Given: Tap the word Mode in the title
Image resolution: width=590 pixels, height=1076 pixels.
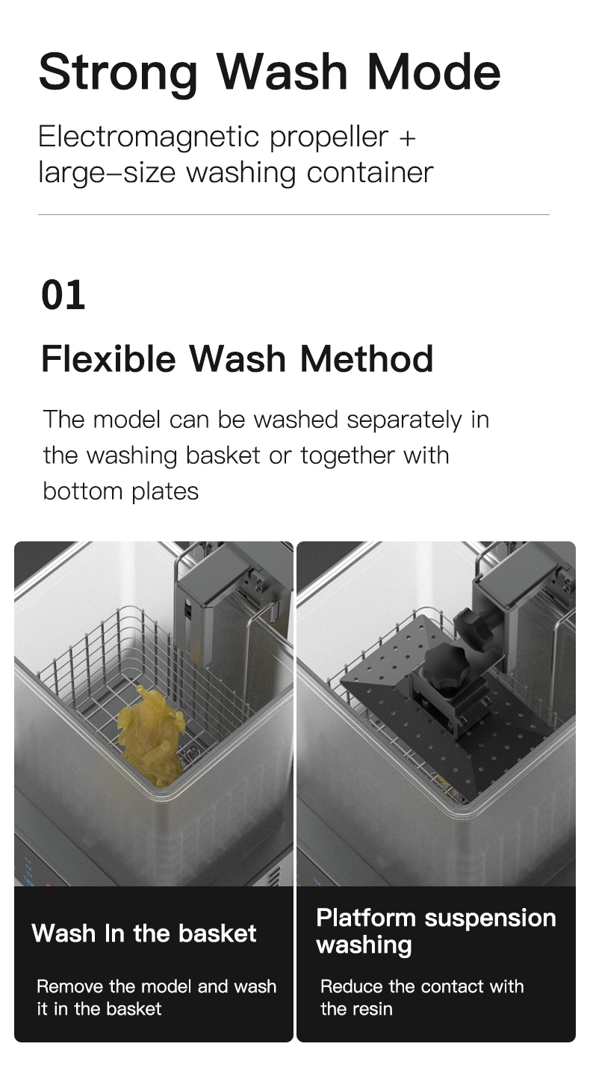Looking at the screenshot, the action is tap(433, 72).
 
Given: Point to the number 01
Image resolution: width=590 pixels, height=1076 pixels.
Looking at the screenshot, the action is tap(63, 295).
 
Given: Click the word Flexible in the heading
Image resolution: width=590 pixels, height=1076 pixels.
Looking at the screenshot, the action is tap(108, 359).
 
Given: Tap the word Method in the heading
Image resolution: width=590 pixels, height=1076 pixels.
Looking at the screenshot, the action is tap(366, 359).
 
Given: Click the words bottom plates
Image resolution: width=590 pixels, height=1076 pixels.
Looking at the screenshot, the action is tap(120, 491).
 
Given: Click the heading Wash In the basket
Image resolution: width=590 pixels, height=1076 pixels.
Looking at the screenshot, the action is tap(144, 933).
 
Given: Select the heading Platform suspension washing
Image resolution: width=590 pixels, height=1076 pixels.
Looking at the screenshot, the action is tap(436, 931).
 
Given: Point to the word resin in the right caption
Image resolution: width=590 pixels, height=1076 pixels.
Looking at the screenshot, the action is tap(373, 1009).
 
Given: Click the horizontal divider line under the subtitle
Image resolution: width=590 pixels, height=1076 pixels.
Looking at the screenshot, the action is tap(294, 215).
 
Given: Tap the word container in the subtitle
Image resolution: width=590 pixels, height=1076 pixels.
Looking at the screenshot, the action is tap(370, 173).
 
